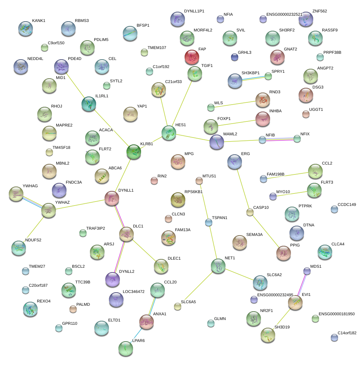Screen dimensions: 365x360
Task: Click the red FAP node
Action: (192, 57)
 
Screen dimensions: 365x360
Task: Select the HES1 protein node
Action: (169, 132)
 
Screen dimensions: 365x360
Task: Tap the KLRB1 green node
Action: (134, 152)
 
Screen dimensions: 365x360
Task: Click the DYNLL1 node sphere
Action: (112, 198)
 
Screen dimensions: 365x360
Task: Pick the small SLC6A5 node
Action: (178, 306)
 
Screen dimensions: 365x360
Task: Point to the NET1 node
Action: (218, 266)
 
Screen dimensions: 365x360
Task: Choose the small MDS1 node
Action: (307, 271)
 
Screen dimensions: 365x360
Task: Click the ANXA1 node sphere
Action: (147, 321)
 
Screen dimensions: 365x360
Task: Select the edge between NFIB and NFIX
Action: (280, 139)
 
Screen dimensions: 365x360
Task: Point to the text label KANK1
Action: (39, 20)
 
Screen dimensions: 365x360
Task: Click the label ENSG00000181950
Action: (336, 314)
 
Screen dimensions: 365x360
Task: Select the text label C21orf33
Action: (173, 82)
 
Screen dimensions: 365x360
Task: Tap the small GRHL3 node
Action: (235, 57)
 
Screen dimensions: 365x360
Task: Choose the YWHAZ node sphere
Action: (49, 210)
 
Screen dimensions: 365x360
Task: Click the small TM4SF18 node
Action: (49, 152)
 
